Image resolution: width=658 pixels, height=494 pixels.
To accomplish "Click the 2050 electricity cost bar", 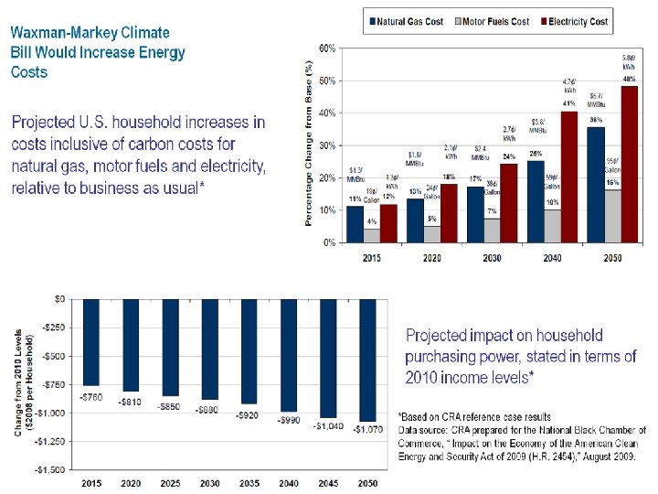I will [x=630, y=165].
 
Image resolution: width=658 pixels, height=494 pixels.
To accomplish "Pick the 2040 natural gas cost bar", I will [x=536, y=201].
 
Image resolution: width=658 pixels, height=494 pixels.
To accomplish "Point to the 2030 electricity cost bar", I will [x=508, y=203].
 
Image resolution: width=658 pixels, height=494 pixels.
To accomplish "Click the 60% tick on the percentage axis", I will [x=325, y=47].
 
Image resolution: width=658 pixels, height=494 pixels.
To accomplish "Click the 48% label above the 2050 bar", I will [x=630, y=80].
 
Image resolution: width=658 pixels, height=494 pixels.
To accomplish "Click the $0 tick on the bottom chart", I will [x=59, y=299].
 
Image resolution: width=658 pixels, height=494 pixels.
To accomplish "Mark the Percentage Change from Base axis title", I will [x=310, y=145].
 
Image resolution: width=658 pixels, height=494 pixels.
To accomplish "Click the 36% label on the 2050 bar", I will [x=596, y=120].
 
